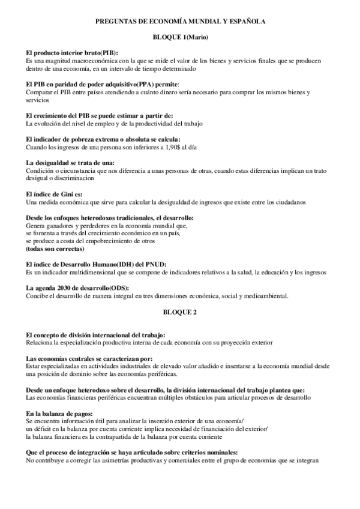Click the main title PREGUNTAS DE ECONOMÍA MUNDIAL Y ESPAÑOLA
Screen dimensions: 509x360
(x=180, y=21)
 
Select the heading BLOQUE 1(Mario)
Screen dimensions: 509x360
(x=180, y=38)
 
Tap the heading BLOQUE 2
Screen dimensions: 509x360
(x=180, y=312)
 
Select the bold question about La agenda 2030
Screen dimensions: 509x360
(x=79, y=289)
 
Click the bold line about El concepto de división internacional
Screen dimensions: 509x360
(x=96, y=335)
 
